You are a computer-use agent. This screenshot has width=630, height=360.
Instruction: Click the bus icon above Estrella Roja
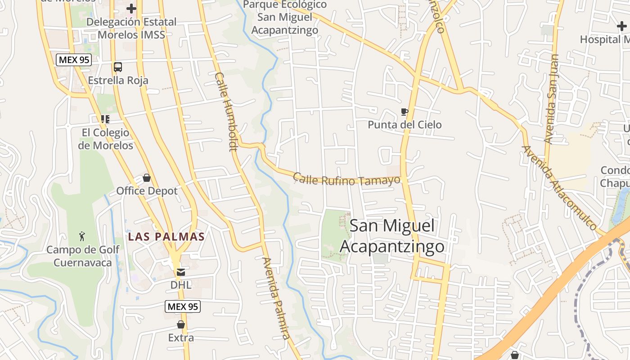tap(118, 67)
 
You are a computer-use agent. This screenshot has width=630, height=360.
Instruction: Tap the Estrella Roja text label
tap(118, 81)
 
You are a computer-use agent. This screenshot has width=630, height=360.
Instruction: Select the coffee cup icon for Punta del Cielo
tap(404, 112)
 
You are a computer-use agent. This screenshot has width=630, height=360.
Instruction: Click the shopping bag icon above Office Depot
tap(147, 178)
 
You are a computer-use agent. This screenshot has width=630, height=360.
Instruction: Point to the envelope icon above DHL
tap(180, 272)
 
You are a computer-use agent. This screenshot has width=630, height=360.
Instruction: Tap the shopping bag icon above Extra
tap(181, 324)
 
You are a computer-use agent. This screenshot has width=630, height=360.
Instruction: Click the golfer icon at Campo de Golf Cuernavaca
tap(82, 236)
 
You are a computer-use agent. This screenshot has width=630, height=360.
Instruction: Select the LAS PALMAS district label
tap(166, 237)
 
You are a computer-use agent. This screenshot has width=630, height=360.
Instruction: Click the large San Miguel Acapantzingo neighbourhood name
tap(392, 236)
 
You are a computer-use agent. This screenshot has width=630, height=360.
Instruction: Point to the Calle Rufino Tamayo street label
tap(346, 179)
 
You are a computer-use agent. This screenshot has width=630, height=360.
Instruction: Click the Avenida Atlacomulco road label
tap(558, 187)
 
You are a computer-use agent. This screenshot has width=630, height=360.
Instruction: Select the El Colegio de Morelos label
tap(105, 139)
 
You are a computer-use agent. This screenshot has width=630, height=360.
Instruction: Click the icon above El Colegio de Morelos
tap(105, 119)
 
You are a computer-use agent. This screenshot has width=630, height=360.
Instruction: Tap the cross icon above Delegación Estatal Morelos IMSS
tap(131, 9)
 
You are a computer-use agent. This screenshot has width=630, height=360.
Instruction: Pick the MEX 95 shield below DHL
tap(182, 307)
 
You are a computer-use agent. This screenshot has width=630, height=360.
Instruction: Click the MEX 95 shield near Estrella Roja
tap(74, 60)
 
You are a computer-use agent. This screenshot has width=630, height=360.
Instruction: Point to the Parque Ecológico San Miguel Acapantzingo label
tap(285, 18)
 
